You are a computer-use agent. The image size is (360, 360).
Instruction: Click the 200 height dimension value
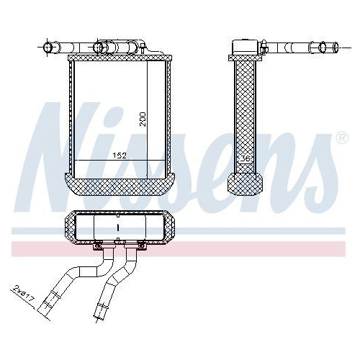143,119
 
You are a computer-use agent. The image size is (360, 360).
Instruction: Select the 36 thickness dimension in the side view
245,158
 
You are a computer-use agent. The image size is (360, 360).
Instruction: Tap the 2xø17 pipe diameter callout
22,294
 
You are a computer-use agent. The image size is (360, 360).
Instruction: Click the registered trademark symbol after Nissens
341,137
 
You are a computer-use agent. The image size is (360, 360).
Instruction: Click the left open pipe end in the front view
49,48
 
